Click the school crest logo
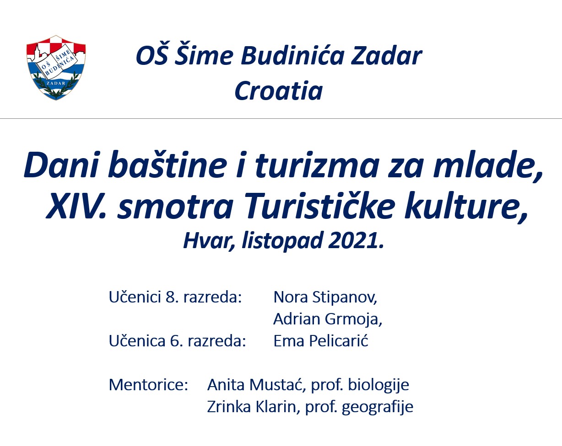(x=56, y=68)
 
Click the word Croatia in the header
(x=279, y=91)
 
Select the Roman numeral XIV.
(x=76, y=206)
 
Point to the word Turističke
(x=320, y=206)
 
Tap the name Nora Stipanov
(x=325, y=297)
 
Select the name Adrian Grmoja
(x=328, y=319)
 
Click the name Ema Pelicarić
(x=321, y=340)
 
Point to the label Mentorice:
(x=148, y=384)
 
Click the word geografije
(x=378, y=407)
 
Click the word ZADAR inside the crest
(x=56, y=83)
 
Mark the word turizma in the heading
(x=317, y=165)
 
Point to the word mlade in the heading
(x=489, y=165)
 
